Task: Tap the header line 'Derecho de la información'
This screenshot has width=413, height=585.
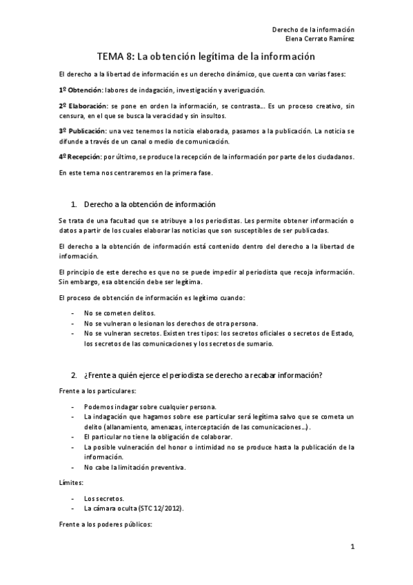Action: click(x=313, y=30)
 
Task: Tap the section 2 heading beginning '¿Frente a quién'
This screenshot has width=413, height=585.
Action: click(x=203, y=375)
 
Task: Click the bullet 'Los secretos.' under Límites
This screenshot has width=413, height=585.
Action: click(x=104, y=497)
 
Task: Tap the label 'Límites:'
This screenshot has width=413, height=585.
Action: click(x=72, y=483)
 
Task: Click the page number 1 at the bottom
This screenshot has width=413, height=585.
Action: click(x=352, y=548)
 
